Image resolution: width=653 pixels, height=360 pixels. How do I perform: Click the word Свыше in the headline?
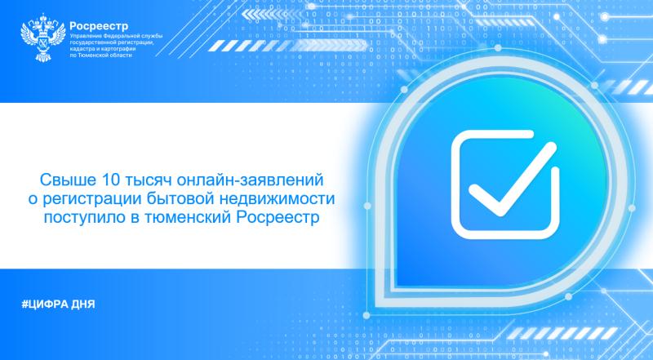[66, 177]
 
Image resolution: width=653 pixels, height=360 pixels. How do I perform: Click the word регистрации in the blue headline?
[113, 198]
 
